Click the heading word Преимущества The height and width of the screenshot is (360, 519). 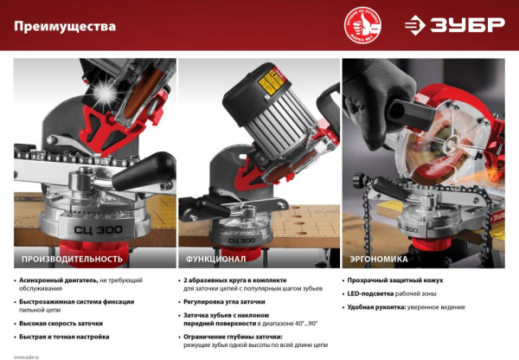tap(65, 27)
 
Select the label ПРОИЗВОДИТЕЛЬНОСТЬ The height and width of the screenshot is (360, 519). tap(74, 258)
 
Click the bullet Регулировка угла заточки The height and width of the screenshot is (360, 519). tap(224, 302)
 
